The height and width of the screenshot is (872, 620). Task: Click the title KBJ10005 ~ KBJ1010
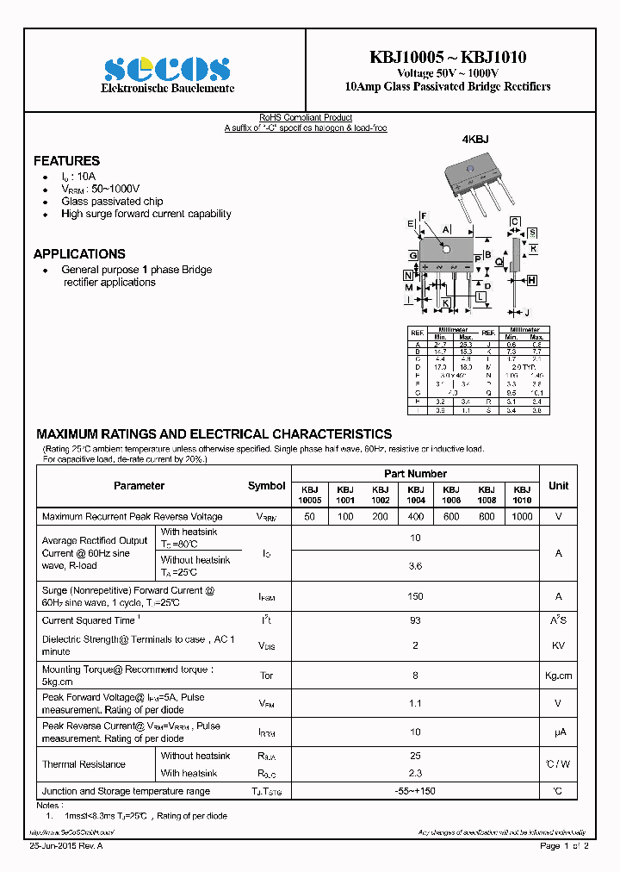tap(448, 57)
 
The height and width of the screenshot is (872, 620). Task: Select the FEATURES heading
tap(66, 161)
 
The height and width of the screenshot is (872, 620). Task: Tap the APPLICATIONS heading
tap(79, 254)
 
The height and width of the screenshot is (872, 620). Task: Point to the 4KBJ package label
tap(475, 140)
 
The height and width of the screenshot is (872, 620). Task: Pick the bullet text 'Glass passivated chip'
tap(112, 202)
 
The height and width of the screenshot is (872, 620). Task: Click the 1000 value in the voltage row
tap(522, 516)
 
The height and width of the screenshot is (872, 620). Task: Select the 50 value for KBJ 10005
tap(309, 516)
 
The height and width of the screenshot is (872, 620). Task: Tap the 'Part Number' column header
tap(415, 474)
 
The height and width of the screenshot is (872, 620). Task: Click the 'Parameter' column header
tap(139, 486)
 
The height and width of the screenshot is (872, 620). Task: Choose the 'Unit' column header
tap(558, 486)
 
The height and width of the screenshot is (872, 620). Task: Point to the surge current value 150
tap(415, 596)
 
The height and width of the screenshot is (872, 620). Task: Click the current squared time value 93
tap(415, 621)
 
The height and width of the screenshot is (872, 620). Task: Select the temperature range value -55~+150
tap(415, 791)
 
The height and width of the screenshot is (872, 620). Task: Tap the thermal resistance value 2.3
tap(415, 773)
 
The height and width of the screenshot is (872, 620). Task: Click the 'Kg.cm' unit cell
tap(558, 676)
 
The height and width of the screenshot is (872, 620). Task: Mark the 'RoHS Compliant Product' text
tap(306, 118)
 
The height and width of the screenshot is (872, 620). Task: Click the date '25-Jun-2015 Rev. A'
tap(66, 846)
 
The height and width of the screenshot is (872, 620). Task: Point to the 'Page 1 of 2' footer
tap(564, 846)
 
